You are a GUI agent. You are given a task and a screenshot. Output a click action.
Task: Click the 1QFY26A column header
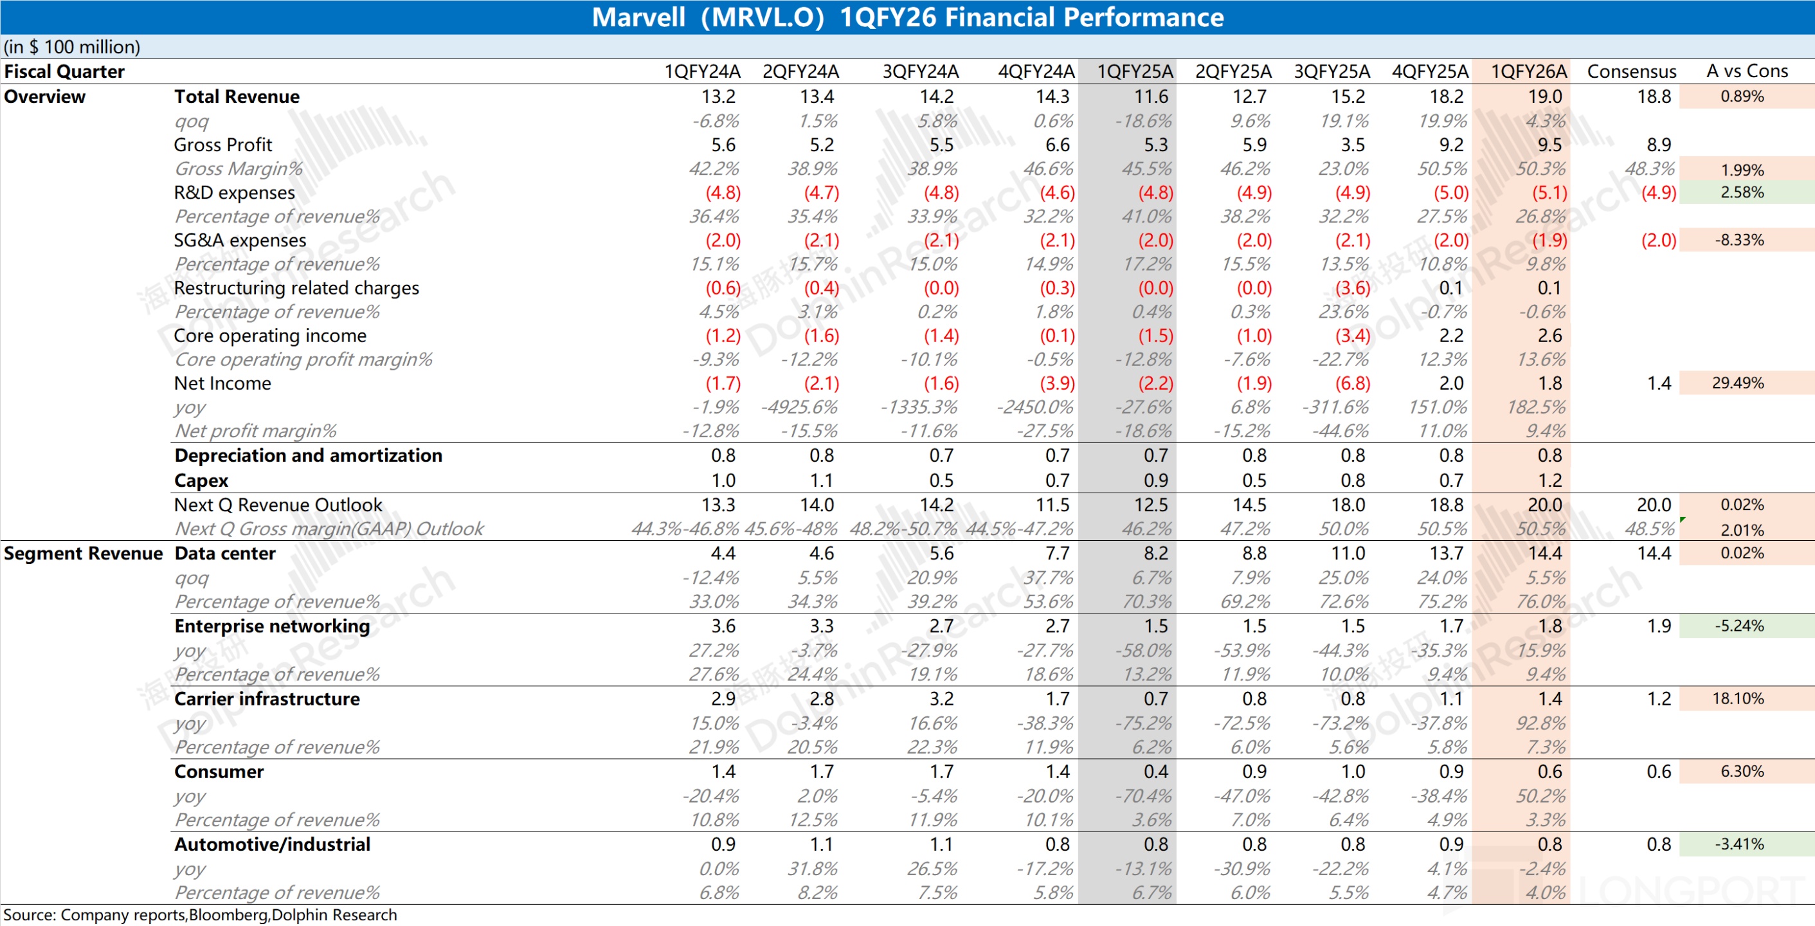1528,71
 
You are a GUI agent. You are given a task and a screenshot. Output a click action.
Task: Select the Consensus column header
1631,71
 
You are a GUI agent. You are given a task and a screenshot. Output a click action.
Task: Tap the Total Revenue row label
237,96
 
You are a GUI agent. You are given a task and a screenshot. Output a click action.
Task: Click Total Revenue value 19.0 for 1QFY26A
1545,96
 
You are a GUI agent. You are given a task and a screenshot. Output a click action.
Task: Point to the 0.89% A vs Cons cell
1742,96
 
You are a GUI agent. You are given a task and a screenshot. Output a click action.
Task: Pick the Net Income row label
222,383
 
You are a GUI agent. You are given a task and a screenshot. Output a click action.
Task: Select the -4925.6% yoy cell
799,407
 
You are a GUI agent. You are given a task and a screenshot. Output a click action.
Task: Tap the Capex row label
201,480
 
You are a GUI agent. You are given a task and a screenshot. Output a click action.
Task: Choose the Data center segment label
225,554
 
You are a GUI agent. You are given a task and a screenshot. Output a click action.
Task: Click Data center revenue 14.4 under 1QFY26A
1545,554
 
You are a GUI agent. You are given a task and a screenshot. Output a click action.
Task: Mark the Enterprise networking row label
272,626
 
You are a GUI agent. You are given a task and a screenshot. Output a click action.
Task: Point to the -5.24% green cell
1739,626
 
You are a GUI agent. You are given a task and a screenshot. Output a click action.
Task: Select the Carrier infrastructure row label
267,699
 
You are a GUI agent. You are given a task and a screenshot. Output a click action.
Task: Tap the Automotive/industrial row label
272,845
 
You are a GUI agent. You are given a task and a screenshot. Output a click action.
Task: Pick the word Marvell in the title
638,17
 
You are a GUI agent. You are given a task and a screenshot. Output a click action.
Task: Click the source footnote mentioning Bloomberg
200,914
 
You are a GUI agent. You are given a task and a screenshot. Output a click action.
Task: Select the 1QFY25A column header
1134,71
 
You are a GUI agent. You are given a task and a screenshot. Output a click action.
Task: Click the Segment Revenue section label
83,554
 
